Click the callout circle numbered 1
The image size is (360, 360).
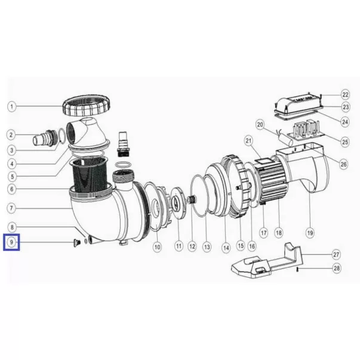tap(11, 106)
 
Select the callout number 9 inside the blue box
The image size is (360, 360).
tap(11, 242)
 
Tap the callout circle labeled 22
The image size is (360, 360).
tap(345, 94)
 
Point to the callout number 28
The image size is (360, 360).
tap(337, 268)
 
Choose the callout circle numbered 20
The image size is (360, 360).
tap(260, 125)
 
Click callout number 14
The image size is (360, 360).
tap(226, 248)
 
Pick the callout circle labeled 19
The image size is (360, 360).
tap(310, 233)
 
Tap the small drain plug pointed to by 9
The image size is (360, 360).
tap(75, 242)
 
